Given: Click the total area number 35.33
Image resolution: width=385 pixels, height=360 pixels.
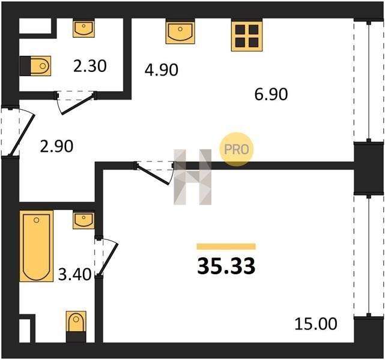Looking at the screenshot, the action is pyautogui.click(x=226, y=266).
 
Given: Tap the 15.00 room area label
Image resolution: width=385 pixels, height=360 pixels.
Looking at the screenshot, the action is pyautogui.click(x=316, y=324).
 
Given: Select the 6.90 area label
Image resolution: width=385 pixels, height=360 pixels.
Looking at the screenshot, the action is pyautogui.click(x=271, y=94).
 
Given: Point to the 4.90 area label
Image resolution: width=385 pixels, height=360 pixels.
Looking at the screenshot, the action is pyautogui.click(x=162, y=70).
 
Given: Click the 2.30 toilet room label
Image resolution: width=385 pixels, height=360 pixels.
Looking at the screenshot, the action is pyautogui.click(x=90, y=66).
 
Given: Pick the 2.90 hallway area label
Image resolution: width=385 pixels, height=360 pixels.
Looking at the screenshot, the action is pyautogui.click(x=56, y=146).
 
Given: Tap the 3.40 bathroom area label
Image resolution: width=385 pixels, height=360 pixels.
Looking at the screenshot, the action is pyautogui.click(x=74, y=274).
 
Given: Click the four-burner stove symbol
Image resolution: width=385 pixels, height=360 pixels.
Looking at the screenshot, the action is pyautogui.click(x=247, y=36).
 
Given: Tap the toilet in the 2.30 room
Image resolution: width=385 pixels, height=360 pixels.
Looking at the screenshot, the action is pyautogui.click(x=35, y=66).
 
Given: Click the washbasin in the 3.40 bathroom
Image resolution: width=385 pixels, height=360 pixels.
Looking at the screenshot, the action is pyautogui.click(x=83, y=221).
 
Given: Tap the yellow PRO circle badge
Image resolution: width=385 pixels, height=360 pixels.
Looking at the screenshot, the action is pyautogui.click(x=236, y=149).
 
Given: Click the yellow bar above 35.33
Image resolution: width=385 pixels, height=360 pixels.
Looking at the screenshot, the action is pyautogui.click(x=226, y=246).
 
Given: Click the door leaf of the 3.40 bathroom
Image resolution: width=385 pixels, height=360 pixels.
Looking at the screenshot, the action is pyautogui.click(x=109, y=259).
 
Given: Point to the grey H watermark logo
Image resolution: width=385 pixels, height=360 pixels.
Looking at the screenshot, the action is pyautogui.click(x=192, y=177).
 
